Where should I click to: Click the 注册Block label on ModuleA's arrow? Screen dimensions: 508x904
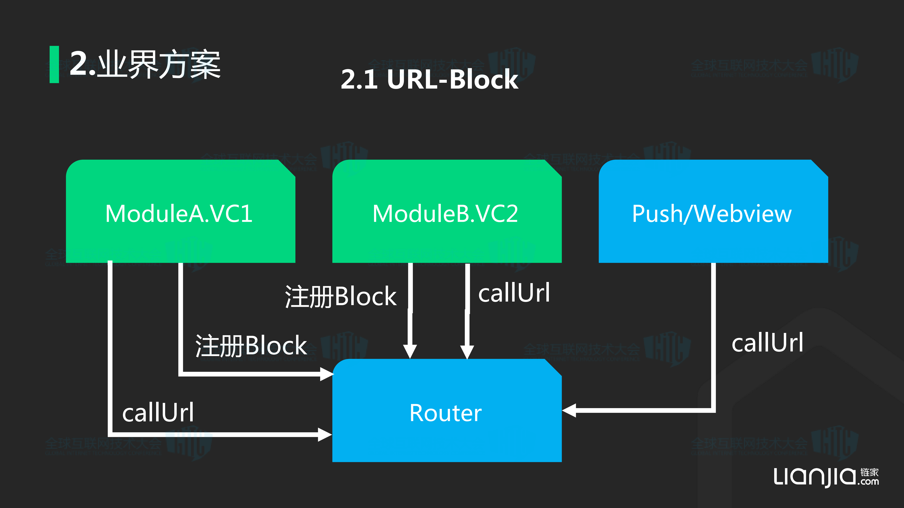(251, 346)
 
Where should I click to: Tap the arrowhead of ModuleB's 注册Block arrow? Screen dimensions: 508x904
(410, 351)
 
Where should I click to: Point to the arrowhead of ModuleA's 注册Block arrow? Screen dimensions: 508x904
(326, 374)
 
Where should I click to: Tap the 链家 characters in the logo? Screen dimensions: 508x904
(869, 472)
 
